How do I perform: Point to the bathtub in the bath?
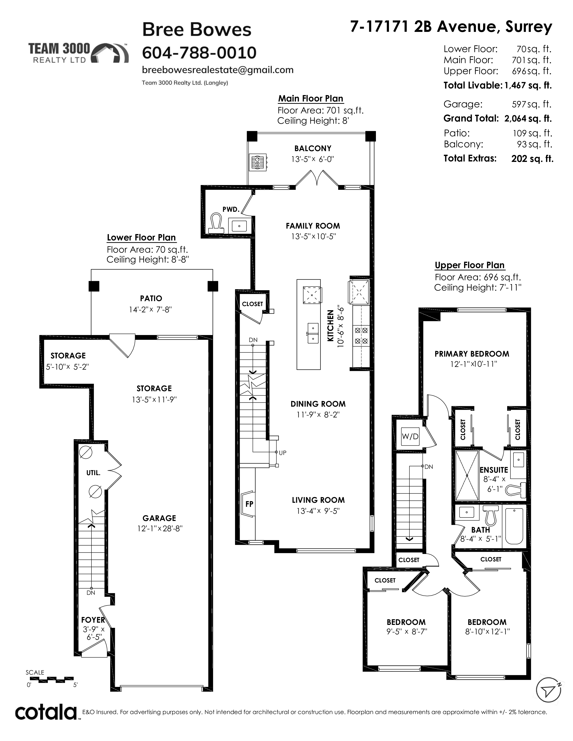[x=515, y=526]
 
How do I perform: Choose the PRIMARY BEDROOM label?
[x=472, y=354]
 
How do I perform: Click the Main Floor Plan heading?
[x=311, y=98]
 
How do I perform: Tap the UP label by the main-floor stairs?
[x=282, y=453]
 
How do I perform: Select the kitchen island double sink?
[x=313, y=333]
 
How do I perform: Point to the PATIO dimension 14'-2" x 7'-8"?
[x=150, y=309]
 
